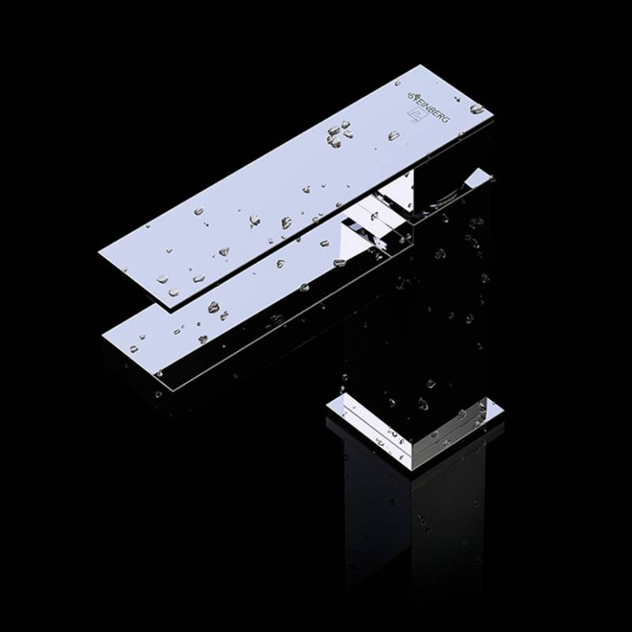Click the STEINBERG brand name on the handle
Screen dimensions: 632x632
(x=428, y=106)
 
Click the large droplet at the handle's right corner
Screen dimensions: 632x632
(x=477, y=108)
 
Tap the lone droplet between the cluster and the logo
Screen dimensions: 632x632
(x=393, y=135)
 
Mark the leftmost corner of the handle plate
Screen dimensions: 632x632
(x=99, y=252)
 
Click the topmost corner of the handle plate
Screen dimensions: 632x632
(x=421, y=66)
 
